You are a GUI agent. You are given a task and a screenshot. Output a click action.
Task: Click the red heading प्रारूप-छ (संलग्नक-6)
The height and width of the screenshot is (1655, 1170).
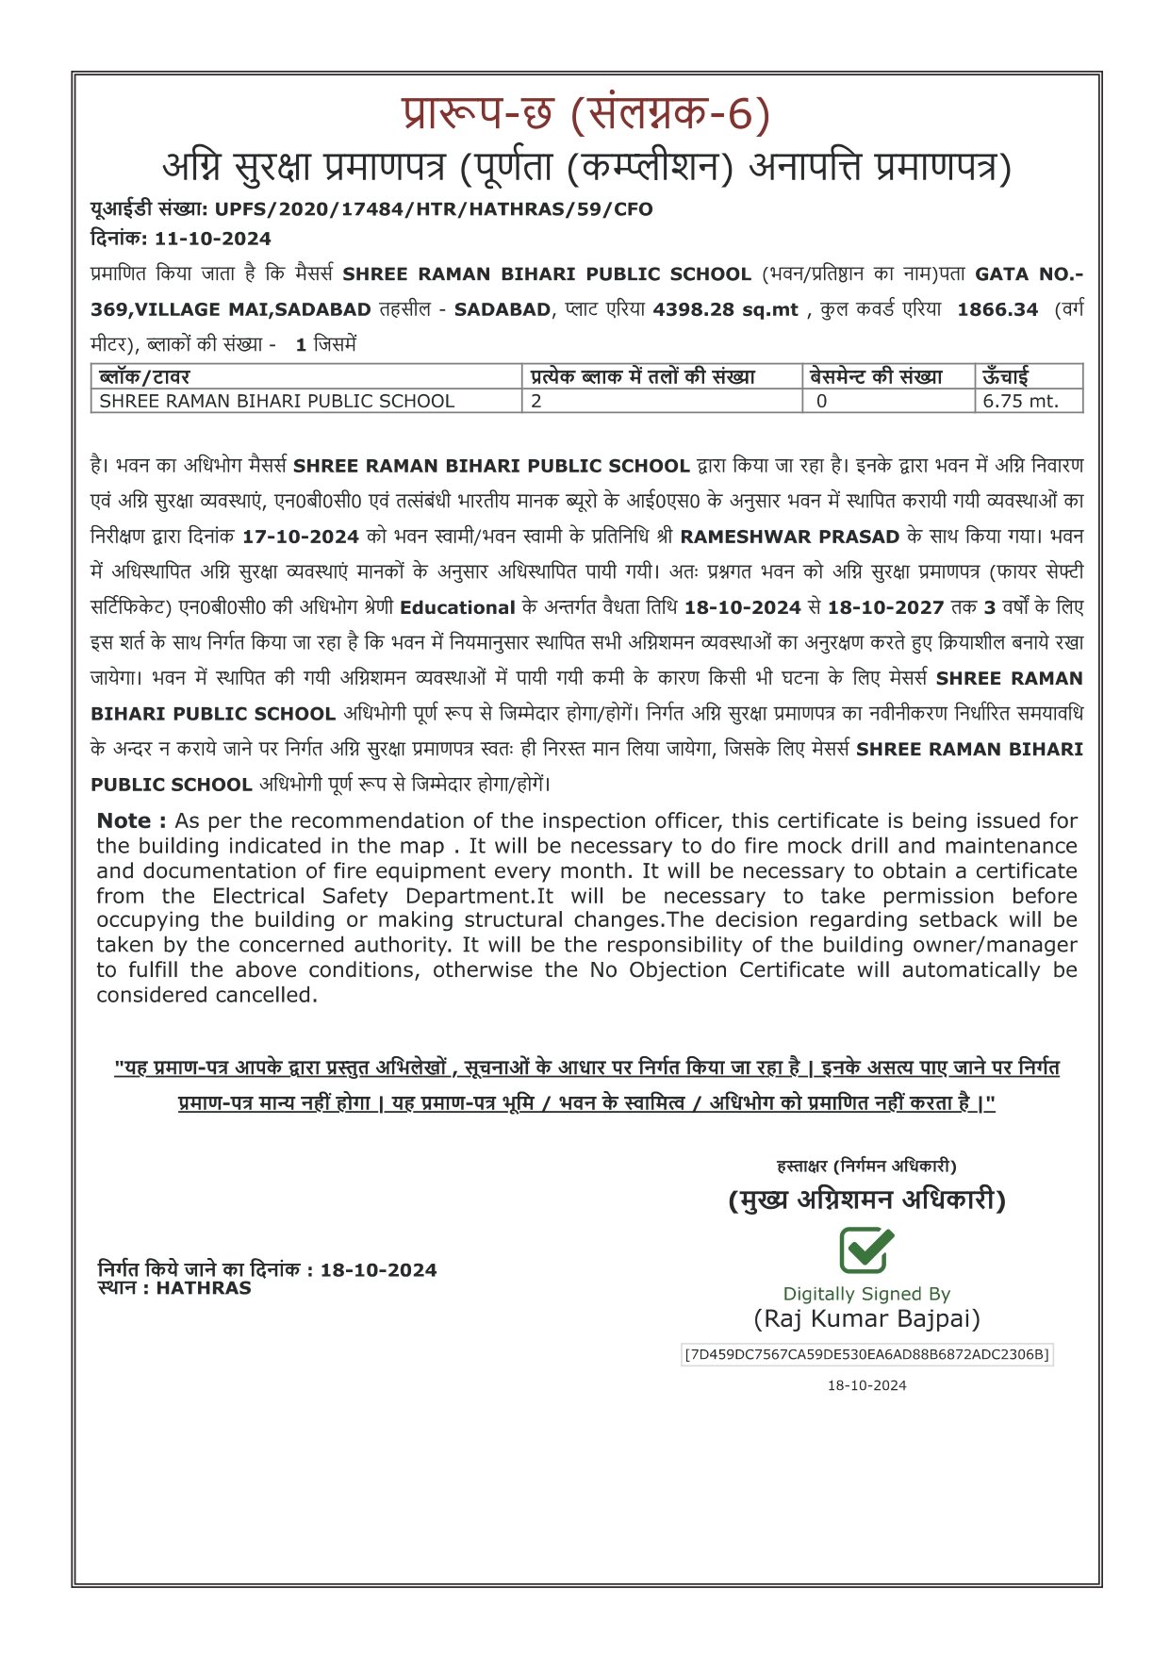tap(585, 115)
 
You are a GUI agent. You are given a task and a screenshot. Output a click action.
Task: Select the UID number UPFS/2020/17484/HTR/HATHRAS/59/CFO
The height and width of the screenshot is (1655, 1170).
tap(433, 209)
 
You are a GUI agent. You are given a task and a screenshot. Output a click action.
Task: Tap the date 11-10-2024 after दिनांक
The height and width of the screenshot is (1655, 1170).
tap(212, 239)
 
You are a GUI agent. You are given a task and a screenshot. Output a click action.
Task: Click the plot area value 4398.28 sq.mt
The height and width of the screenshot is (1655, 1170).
tap(725, 309)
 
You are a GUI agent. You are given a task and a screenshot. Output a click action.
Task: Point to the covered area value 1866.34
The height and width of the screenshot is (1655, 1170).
tap(997, 309)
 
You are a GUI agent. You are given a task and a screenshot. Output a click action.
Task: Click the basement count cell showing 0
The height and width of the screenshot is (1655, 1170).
tap(821, 401)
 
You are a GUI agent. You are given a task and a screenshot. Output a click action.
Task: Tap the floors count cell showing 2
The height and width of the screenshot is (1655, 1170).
tap(536, 401)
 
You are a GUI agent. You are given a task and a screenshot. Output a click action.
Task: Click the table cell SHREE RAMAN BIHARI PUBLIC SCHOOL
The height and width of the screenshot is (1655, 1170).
tap(277, 401)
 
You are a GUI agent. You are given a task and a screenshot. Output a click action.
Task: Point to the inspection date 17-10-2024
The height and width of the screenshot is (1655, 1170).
tap(300, 537)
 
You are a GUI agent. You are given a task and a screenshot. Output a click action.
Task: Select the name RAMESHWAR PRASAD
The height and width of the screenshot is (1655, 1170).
tap(789, 537)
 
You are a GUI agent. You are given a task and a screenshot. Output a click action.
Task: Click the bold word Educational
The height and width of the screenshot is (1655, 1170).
tap(457, 607)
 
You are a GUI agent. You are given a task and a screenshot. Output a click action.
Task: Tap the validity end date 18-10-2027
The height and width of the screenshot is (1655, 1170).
tap(885, 607)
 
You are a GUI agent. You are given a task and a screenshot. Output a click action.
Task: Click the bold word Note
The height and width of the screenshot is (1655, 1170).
tap(131, 820)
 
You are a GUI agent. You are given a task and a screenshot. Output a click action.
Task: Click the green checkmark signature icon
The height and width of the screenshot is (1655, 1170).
tap(866, 1250)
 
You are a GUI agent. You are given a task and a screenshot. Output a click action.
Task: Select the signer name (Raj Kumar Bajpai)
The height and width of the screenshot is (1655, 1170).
tap(866, 1318)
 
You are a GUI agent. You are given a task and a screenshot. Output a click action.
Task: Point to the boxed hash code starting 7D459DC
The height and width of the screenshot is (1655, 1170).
tap(866, 1354)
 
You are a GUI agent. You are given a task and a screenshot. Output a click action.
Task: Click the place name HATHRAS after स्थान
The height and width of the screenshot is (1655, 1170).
tap(204, 1287)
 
